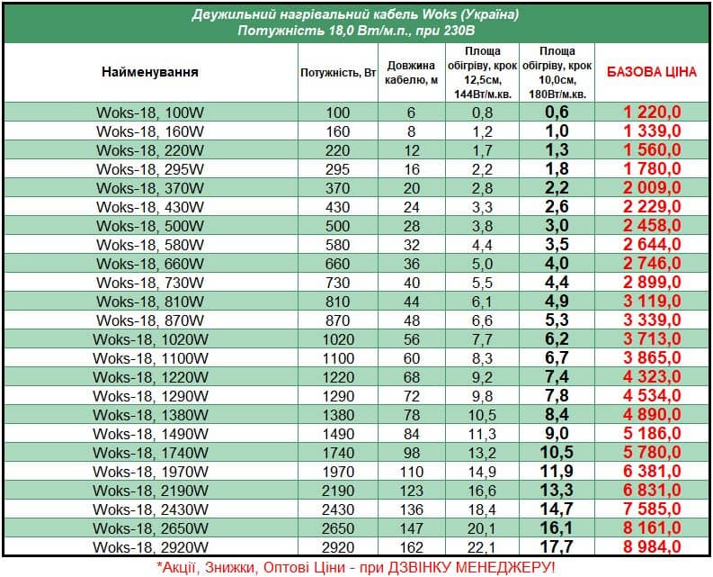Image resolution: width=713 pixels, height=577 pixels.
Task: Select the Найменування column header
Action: tap(150, 72)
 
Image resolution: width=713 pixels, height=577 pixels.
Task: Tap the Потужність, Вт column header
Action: tap(338, 72)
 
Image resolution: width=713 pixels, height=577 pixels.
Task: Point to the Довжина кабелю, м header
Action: tap(411, 72)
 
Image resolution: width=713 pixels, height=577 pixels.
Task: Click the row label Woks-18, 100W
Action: tap(150, 113)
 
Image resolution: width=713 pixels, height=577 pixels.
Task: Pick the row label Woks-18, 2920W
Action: tap(150, 546)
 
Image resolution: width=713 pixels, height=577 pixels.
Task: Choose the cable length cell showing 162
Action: tap(411, 546)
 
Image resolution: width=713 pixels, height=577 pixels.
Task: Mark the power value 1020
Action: tap(338, 338)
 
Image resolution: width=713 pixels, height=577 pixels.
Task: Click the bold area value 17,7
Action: tap(557, 546)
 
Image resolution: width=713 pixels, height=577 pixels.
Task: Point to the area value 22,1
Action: tap(483, 546)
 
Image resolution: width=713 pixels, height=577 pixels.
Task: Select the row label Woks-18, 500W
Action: tap(150, 225)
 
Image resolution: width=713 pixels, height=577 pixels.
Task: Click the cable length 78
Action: tap(411, 414)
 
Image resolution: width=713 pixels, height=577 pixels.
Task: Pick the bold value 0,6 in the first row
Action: tap(557, 113)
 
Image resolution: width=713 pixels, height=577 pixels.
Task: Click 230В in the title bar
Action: tap(455, 32)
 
